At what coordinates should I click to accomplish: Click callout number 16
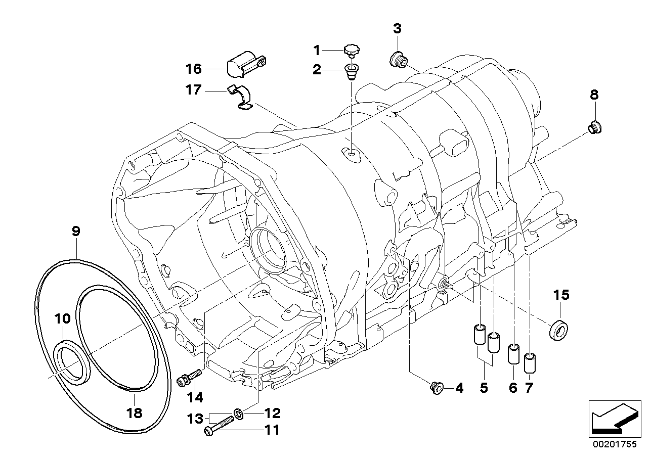[193, 69]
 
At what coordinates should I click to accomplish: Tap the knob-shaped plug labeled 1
[351, 50]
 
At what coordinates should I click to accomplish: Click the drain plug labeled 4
[435, 388]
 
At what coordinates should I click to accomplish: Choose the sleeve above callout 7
[529, 362]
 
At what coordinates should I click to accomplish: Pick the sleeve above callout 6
[513, 354]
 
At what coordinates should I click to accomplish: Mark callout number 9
[76, 232]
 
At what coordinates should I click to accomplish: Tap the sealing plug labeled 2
[351, 71]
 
